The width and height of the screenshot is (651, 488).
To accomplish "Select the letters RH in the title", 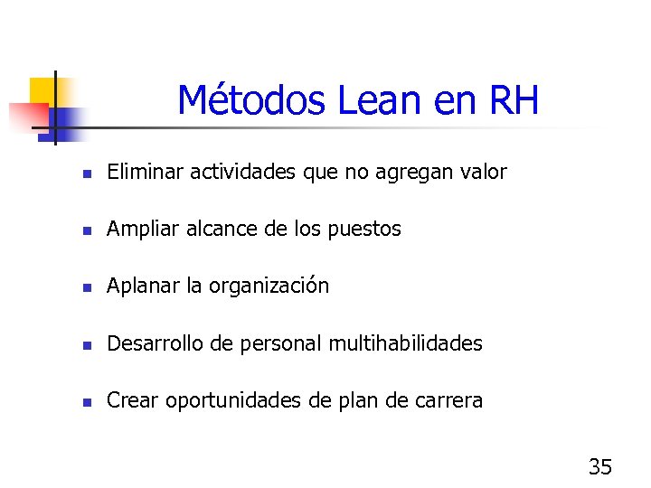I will pos(514,101).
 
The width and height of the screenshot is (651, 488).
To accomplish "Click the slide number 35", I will pos(599,467).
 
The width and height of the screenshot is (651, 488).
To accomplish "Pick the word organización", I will pos(269,287).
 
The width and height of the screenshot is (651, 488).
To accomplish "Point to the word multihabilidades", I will pos(405,343).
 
